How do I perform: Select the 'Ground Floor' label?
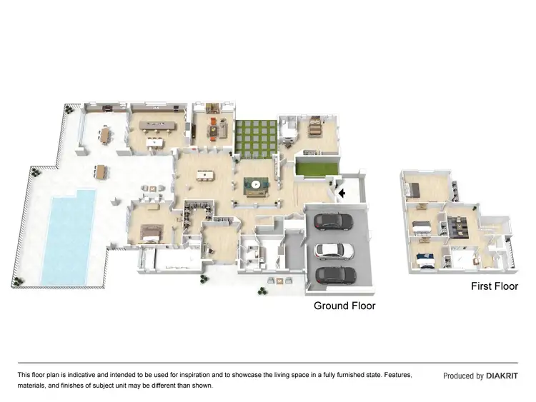tap(344, 306)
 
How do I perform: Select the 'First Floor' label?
tap(494, 286)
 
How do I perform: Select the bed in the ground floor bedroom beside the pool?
tap(152, 231)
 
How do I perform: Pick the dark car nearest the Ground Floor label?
tap(335, 274)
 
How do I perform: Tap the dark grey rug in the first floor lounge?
tap(457, 225)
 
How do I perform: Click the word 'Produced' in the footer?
tap(458, 376)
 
